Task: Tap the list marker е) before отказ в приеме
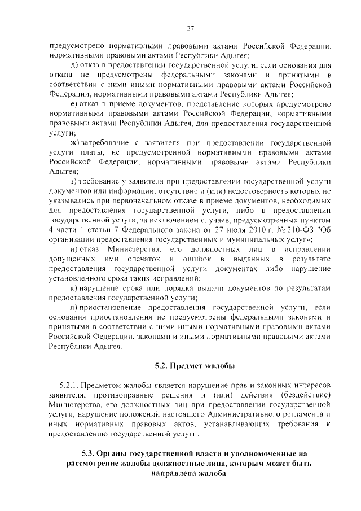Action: [72, 104]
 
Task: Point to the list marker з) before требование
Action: [72, 181]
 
